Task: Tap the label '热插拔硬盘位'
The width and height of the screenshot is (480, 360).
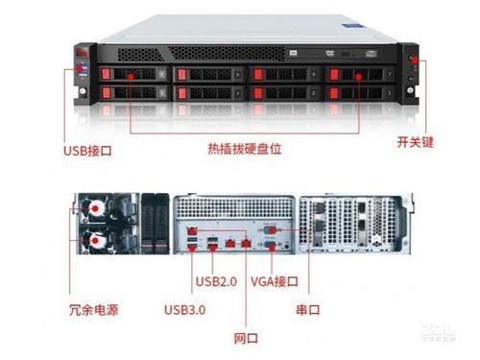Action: click(244, 150)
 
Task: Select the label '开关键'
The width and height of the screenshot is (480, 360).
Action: click(416, 141)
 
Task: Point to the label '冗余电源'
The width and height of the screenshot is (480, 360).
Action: click(94, 310)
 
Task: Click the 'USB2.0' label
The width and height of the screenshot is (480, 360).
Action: click(215, 281)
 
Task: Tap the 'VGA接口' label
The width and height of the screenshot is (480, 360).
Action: click(275, 281)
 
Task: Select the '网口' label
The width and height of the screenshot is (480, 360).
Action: click(246, 338)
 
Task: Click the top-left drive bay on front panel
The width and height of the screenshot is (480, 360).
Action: click(134, 75)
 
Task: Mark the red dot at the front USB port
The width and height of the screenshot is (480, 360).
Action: click(82, 73)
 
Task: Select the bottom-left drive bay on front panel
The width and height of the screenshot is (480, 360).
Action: click(134, 93)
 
